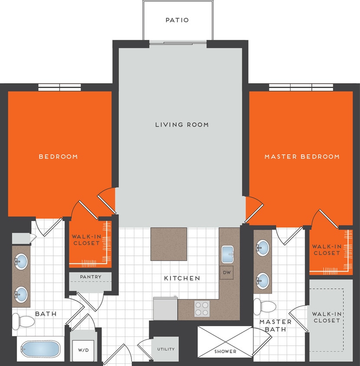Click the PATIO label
pos(177,20)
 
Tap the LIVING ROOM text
pos(182,125)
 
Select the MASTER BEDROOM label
pos(302,157)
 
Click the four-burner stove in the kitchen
pos(201,309)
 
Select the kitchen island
pos(169,244)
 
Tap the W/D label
pos(83,350)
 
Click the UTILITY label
pos(166,349)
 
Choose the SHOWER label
pos(225,351)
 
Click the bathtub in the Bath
pos(41,349)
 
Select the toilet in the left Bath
pos(23,321)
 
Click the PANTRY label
pos(91,277)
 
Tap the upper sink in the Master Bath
pos(263,248)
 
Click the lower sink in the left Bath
pos(21,295)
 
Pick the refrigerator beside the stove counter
pos(165,309)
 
